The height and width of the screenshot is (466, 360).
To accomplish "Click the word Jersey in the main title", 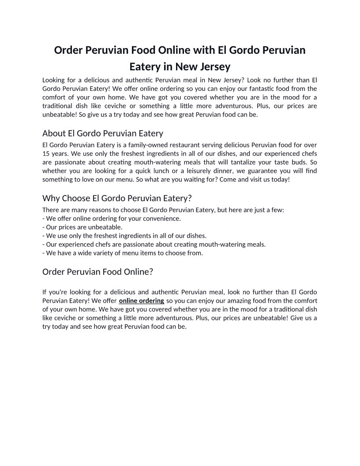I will (x=214, y=68).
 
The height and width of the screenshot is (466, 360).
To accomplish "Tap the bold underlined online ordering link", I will (x=142, y=301).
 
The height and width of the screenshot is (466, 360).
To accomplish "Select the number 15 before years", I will (x=46, y=154).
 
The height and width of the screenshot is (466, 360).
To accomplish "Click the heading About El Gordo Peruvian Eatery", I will (x=103, y=133).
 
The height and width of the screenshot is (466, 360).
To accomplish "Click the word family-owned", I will (x=129, y=145).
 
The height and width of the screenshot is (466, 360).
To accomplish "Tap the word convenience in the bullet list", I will (x=163, y=218).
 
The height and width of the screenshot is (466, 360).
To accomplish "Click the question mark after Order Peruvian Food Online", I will (x=151, y=272).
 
